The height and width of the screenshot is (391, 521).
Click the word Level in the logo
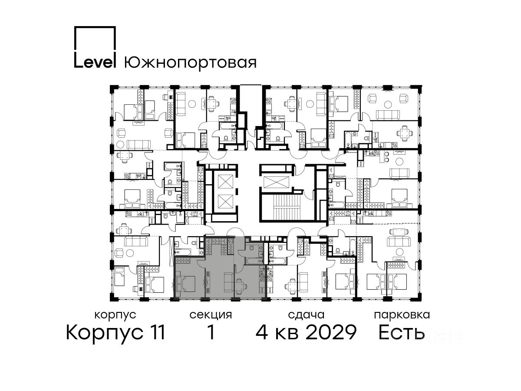[95, 62]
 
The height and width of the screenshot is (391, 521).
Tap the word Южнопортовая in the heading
[190, 63]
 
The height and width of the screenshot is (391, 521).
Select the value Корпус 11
[115, 332]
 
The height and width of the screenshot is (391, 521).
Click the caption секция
[211, 315]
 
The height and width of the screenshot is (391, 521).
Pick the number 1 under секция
[211, 332]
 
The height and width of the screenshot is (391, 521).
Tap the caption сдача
[306, 315]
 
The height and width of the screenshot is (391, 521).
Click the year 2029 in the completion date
[331, 332]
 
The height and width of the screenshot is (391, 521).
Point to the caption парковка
[402, 315]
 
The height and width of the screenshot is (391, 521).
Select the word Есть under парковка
[401, 332]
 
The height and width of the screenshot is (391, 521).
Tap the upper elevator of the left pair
[225, 182]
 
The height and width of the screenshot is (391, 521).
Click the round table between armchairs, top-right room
[388, 105]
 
